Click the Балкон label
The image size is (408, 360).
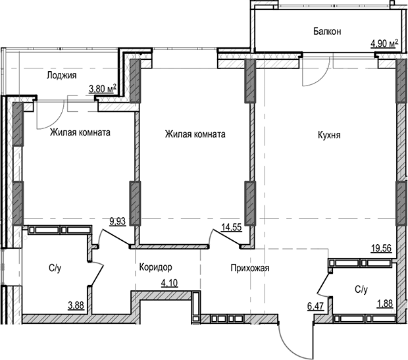coord(327,31)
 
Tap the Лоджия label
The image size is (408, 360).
coord(61,76)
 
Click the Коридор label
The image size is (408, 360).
coord(156,268)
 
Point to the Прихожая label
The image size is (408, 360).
coord(250,268)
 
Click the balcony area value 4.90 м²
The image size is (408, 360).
coord(385,44)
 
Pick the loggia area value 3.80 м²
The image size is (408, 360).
coord(103,87)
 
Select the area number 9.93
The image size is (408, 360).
coord(118,222)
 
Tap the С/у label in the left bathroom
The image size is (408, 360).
coord(55,268)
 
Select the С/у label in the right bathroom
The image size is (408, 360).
coord(361,288)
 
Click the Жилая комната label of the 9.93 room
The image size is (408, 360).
coord(80,132)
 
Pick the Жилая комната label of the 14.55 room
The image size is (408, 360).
coord(195,134)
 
